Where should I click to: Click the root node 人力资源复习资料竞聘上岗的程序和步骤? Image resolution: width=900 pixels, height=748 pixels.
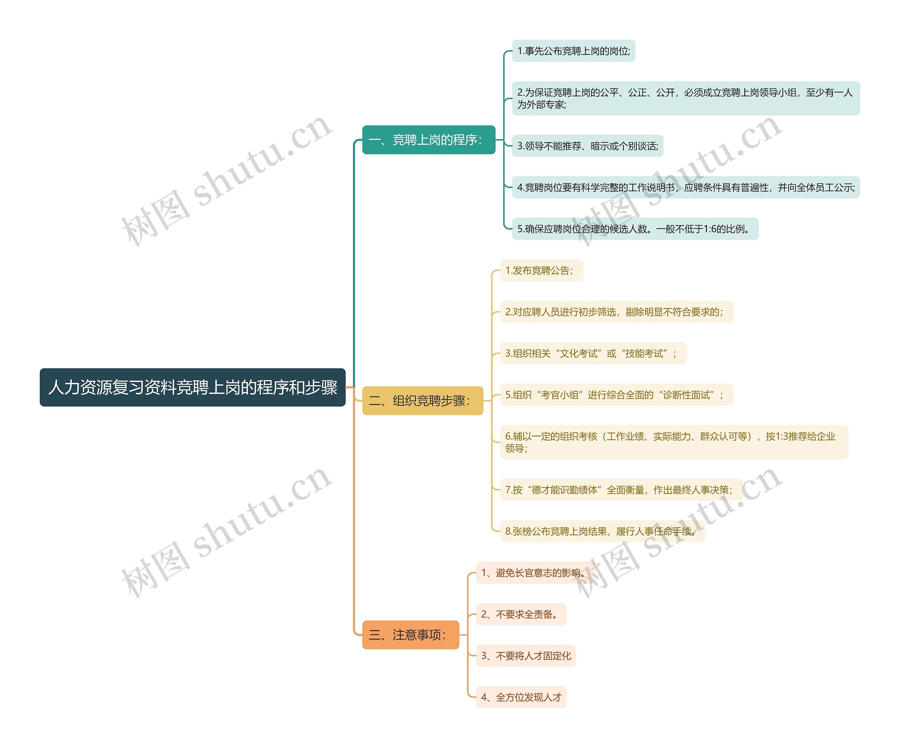tap(192, 387)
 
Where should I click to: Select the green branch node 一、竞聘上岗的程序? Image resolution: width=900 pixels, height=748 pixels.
tap(429, 140)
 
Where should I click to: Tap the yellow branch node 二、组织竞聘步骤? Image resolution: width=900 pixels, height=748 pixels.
tap(423, 401)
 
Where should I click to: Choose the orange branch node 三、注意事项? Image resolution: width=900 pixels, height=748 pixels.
tap(410, 634)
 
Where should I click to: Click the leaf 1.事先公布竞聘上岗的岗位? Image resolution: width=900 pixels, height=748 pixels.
tap(573, 51)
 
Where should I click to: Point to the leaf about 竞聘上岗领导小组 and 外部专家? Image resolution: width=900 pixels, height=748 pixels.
tap(686, 98)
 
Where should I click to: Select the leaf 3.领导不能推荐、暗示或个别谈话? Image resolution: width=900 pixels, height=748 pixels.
tap(587, 146)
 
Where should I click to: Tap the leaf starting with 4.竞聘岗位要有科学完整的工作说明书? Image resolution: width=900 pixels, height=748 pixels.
tap(686, 187)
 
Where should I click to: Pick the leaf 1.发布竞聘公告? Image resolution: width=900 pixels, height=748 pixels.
tap(541, 270)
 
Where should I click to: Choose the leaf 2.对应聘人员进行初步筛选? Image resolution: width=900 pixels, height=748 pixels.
tap(616, 312)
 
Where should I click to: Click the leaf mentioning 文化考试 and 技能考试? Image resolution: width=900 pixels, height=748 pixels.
tap(593, 353)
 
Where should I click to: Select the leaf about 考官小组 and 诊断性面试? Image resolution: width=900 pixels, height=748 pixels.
tap(616, 395)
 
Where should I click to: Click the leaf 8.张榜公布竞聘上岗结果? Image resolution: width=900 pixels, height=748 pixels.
tap(602, 531)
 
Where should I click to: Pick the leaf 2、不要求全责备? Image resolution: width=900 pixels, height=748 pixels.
tap(521, 614)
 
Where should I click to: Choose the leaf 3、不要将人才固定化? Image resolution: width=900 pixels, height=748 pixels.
tap(526, 656)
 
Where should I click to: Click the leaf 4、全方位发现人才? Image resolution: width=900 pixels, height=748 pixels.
tap(521, 697)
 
